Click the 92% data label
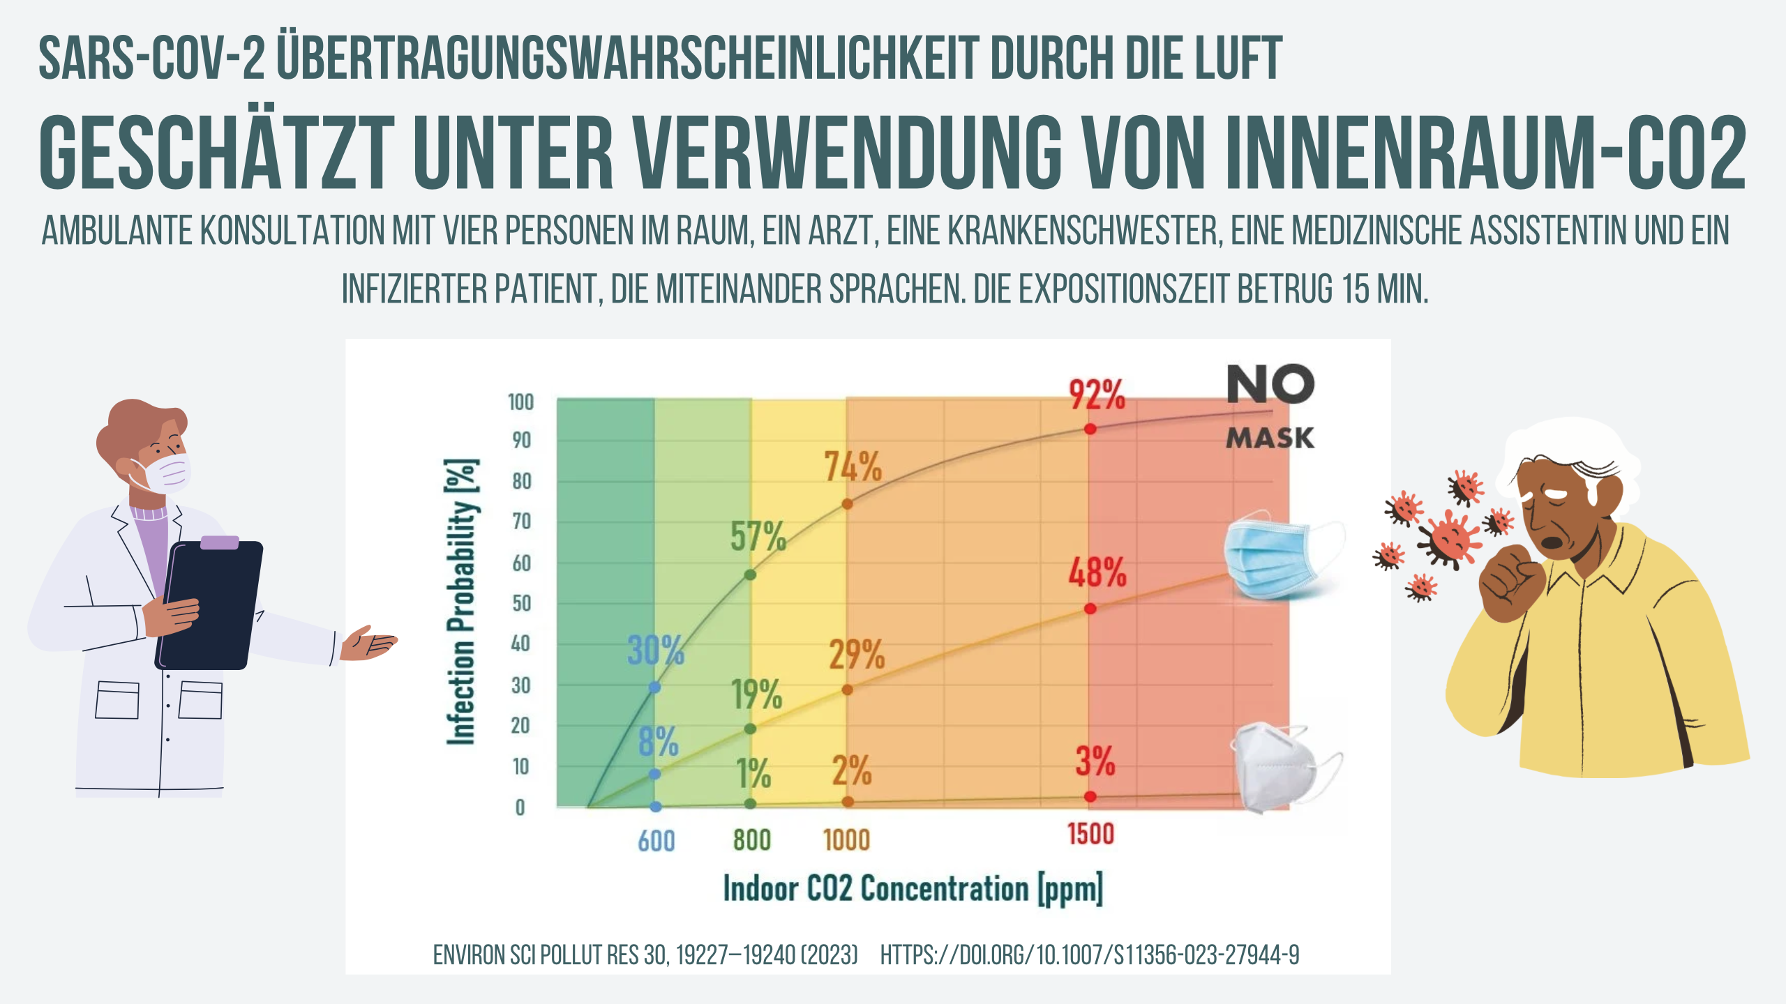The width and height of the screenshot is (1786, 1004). [1097, 395]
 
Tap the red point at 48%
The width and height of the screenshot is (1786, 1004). [1090, 609]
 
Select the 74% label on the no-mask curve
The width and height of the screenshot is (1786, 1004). [853, 466]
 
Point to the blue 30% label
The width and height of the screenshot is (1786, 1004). [656, 651]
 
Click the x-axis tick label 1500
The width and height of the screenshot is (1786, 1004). [1091, 834]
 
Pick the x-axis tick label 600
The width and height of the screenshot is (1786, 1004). [656, 842]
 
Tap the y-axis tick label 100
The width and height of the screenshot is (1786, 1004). [520, 402]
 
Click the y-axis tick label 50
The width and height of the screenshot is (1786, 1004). [521, 603]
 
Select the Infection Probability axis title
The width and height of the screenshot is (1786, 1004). [462, 602]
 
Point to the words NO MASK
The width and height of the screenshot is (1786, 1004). [1270, 407]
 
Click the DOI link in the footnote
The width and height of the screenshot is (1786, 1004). [1090, 954]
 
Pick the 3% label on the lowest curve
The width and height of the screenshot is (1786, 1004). [1095, 761]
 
